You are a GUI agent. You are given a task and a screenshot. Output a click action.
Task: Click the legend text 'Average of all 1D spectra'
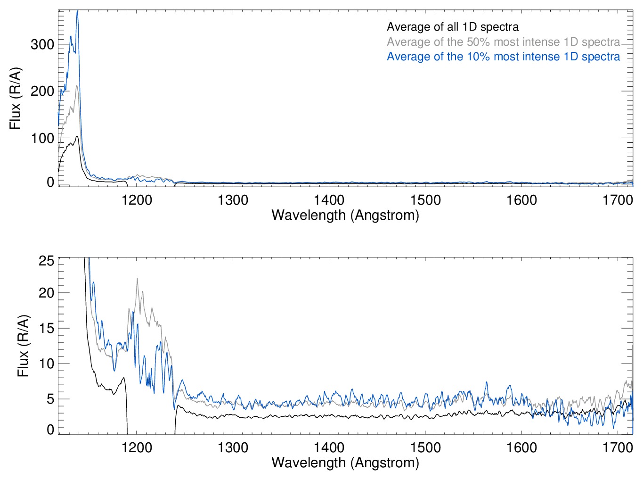(x=453, y=27)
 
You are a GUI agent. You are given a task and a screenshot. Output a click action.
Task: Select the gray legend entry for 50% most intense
(x=503, y=42)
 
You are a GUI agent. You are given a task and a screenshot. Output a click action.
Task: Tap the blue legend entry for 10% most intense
(x=503, y=57)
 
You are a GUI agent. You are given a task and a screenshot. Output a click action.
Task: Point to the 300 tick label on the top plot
(x=42, y=45)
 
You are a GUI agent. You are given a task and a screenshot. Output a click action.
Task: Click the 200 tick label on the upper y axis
(x=42, y=91)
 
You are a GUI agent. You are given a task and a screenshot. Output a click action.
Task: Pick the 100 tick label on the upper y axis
(x=42, y=139)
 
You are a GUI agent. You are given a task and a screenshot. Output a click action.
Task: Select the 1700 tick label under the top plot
(x=618, y=200)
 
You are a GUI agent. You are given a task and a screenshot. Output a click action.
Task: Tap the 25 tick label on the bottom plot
(x=47, y=261)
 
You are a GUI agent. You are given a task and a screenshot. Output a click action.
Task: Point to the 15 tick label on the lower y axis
(x=47, y=329)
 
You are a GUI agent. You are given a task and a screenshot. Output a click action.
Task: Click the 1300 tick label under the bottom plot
(x=233, y=447)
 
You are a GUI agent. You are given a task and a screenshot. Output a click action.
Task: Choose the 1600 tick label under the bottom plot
(x=521, y=447)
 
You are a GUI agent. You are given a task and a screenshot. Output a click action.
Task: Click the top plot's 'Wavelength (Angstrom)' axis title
(x=345, y=215)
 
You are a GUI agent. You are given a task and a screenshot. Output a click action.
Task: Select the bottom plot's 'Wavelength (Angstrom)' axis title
(x=345, y=463)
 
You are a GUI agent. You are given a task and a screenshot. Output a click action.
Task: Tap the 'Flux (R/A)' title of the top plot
(x=15, y=99)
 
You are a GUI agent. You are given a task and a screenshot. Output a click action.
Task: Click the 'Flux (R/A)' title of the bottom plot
(x=23, y=346)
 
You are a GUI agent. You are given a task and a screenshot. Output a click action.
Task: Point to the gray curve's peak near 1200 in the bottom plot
(x=137, y=278)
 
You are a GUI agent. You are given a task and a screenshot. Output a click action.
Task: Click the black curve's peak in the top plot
(x=77, y=136)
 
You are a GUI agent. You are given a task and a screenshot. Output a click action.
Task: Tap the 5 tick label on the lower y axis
(x=50, y=399)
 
